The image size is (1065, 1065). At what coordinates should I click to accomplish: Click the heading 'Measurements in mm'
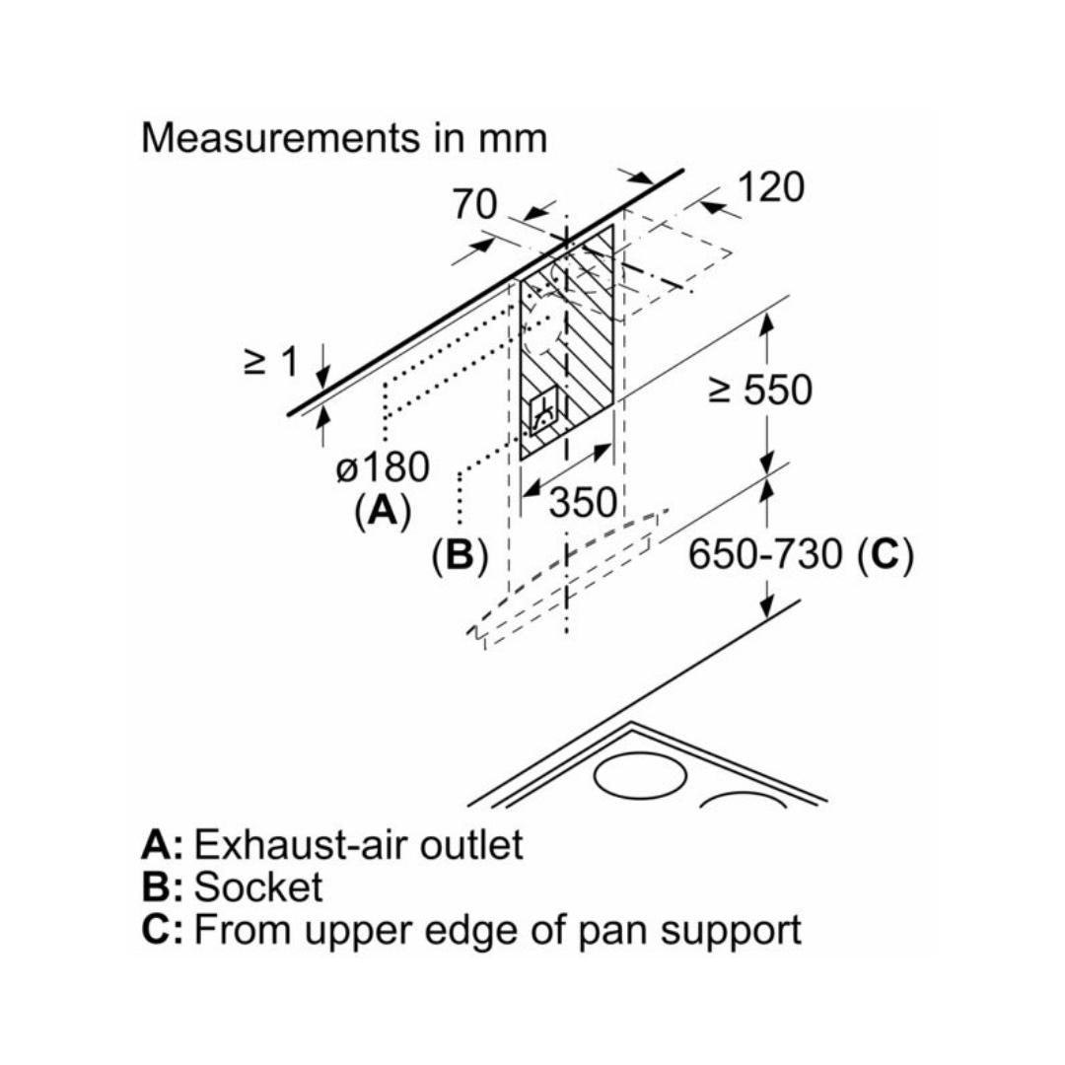343,137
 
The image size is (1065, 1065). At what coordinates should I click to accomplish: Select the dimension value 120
770,187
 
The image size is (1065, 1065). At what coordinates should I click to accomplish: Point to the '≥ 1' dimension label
270,362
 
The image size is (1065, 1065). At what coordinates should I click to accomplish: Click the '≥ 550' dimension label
760,390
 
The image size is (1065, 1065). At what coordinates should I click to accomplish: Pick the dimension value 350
584,503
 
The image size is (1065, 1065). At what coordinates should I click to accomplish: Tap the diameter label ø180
383,467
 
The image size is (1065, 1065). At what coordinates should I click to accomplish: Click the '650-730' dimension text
766,555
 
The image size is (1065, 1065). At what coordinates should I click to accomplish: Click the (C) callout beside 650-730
885,555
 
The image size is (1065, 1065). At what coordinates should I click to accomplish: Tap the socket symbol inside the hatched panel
542,414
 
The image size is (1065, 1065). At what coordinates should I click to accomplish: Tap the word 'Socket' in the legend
258,887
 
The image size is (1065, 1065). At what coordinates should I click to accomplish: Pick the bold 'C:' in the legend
162,930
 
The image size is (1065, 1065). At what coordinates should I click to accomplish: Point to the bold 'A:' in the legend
162,845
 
